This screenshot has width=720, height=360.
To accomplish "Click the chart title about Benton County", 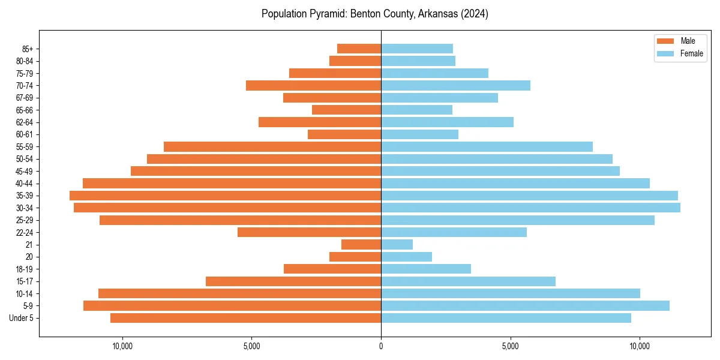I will [x=374, y=14].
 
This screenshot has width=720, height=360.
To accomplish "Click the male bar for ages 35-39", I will [x=225, y=196].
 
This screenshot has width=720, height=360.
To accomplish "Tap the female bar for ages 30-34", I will [x=530, y=208].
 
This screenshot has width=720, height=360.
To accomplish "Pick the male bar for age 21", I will [x=361, y=244].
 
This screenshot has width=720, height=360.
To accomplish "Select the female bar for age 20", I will [x=406, y=257].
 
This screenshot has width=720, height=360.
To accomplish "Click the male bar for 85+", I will [x=359, y=49].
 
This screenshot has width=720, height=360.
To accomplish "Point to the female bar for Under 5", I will [x=506, y=318].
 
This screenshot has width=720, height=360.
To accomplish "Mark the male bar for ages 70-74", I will [x=313, y=85].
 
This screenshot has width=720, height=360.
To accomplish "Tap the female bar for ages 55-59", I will [x=487, y=146].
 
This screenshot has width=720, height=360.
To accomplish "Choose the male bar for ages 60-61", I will [x=344, y=134].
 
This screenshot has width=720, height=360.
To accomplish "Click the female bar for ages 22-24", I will [x=454, y=232].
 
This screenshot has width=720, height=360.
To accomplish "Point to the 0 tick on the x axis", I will [x=381, y=346].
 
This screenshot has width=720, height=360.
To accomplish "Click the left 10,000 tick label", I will [x=122, y=346].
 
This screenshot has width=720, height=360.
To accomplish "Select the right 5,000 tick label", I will [x=510, y=346].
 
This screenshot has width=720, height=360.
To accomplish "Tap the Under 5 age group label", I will [x=22, y=318].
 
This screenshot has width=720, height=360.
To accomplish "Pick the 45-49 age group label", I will [x=25, y=171].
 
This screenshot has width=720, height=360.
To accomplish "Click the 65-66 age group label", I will [x=25, y=110].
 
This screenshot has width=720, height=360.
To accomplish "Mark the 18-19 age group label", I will [x=25, y=269].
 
